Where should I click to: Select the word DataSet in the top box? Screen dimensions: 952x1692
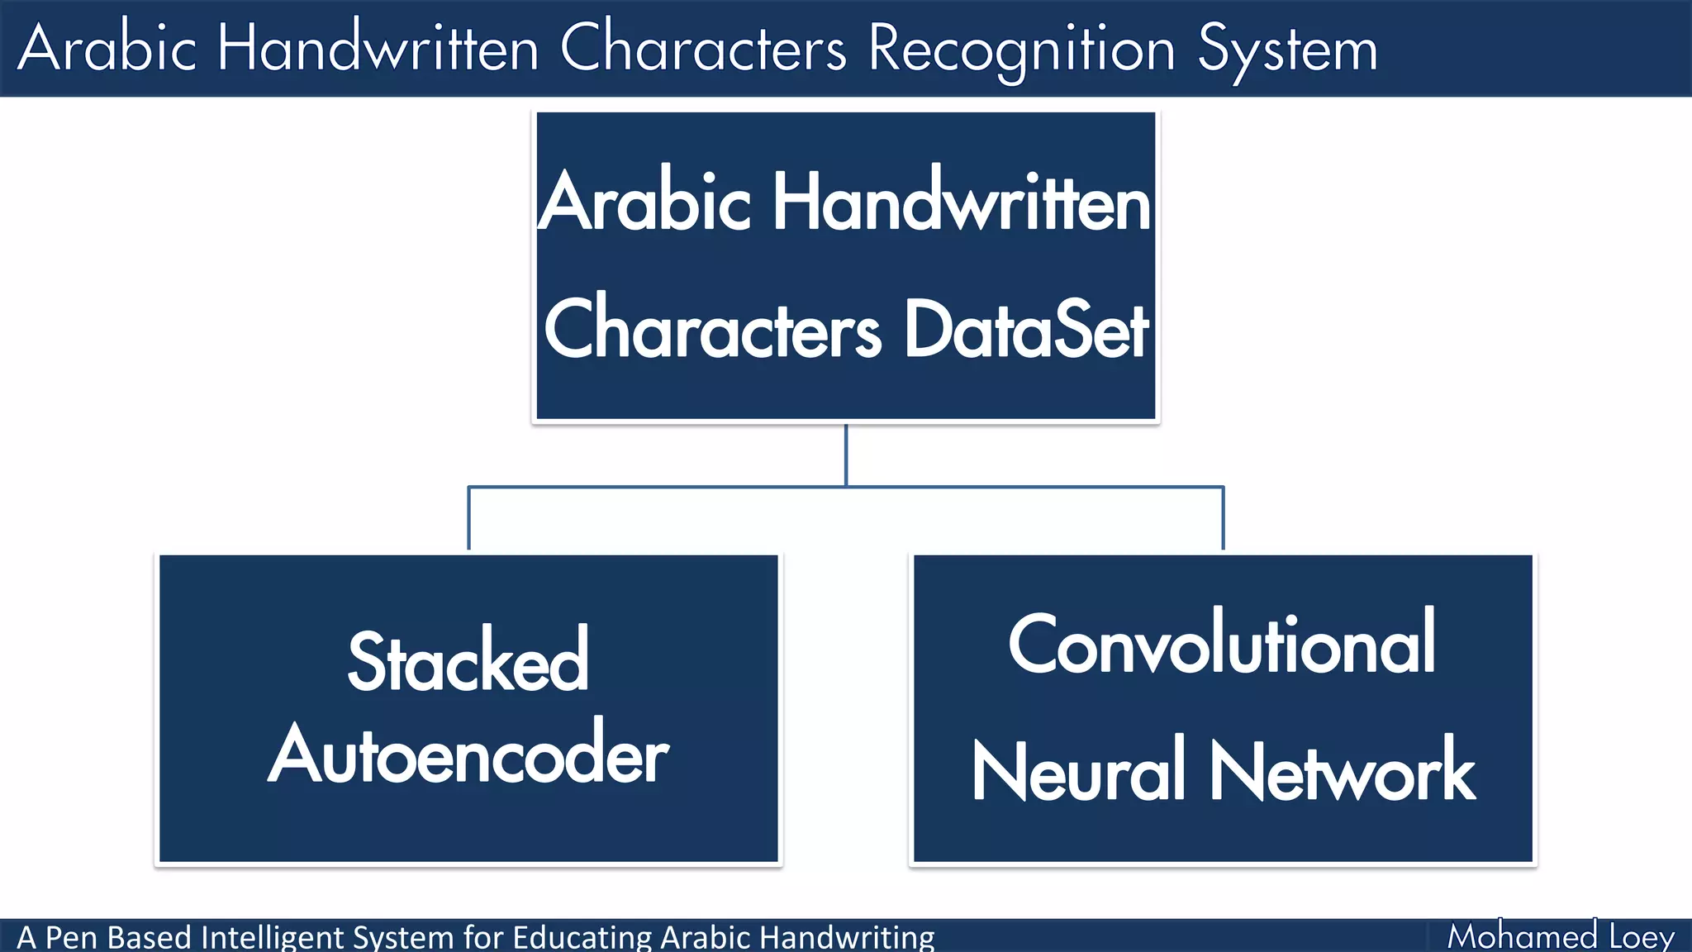tap(1027, 330)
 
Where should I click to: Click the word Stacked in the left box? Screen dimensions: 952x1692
tap(468, 662)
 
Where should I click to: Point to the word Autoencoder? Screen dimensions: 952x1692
tap(468, 754)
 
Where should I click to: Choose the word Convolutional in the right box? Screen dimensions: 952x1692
tap(1222, 644)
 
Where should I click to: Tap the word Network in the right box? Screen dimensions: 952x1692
tap(1343, 771)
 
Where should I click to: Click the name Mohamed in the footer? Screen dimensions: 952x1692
tap(1522, 936)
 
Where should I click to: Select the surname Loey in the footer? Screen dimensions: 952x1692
tap(1642, 937)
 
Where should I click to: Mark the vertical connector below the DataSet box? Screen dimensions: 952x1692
tap(846, 455)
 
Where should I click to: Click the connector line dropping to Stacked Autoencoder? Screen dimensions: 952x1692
tap(469, 519)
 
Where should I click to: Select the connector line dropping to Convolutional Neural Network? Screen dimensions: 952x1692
tap(1223, 519)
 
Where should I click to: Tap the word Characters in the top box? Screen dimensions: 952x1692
tap(713, 330)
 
